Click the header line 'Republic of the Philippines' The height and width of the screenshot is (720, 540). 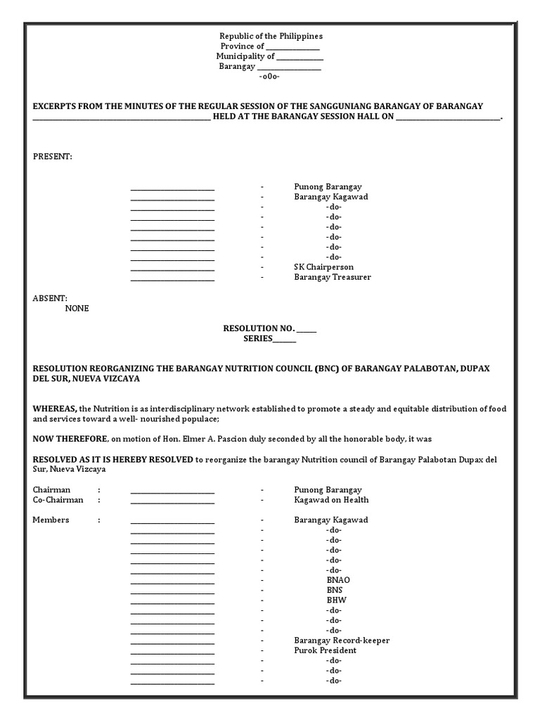tap(271, 36)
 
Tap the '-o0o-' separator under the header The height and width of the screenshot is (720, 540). tap(269, 76)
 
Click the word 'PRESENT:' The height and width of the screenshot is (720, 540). tap(52, 156)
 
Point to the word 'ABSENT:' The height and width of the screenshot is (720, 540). tap(50, 298)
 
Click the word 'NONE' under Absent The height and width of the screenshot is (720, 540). tap(77, 308)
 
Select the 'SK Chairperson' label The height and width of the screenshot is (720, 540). tap(324, 267)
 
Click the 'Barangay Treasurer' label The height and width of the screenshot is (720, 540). tap(332, 277)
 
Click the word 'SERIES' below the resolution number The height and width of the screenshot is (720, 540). tap(257, 338)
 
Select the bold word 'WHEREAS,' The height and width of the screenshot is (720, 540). tap(56, 409)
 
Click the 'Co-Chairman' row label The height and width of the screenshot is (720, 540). tap(58, 500)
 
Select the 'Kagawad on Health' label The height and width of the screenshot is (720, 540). tap(331, 500)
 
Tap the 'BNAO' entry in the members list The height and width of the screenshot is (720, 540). tap(333, 580)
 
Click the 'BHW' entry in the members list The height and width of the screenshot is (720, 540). tap(333, 600)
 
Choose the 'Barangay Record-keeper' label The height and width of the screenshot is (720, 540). tap(342, 641)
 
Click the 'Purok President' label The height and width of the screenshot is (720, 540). tap(325, 650)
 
